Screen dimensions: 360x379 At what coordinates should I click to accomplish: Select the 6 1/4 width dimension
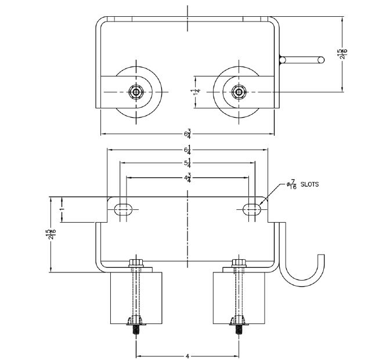click(187, 151)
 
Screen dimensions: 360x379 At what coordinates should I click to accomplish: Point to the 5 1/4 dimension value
click(187, 163)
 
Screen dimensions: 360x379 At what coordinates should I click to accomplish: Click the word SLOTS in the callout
click(308, 184)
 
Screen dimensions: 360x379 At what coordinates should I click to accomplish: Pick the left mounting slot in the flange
click(123, 209)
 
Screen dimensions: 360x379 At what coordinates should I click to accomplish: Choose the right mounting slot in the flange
click(251, 209)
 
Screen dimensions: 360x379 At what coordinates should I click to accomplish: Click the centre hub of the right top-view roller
click(237, 92)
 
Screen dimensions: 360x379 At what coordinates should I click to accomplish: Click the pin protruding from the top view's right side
click(302, 59)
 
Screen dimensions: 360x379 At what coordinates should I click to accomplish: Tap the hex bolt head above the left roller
click(136, 264)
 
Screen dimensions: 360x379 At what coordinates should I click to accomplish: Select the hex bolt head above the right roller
click(237, 264)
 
